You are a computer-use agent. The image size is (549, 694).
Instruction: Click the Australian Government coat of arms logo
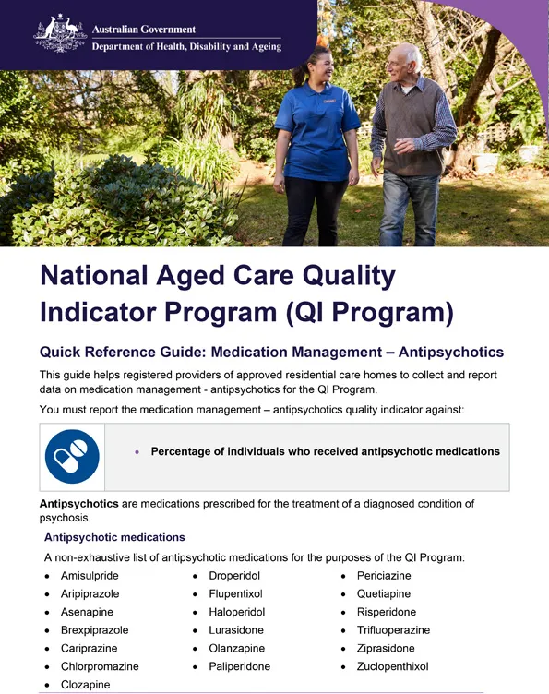[60, 33]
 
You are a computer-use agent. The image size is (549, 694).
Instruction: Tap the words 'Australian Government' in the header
[144, 30]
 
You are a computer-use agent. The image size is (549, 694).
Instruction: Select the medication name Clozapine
[85, 685]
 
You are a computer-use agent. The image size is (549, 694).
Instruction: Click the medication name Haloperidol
[237, 612]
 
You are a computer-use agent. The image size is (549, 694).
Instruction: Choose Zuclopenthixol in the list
[392, 666]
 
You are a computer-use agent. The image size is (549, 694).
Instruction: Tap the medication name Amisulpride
[90, 575]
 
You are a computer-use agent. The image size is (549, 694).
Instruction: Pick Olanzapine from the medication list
[236, 649]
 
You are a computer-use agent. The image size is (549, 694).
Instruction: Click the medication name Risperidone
[386, 612]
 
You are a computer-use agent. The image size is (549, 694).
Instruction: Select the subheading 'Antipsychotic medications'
[114, 537]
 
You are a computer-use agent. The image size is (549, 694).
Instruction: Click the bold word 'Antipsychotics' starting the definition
[78, 504]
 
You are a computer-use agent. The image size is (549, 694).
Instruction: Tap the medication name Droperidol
[234, 575]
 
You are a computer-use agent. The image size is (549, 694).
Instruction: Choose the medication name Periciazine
[384, 575]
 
